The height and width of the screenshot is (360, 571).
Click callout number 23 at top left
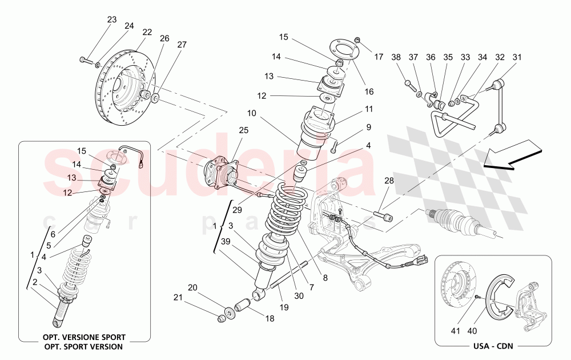point(111,19)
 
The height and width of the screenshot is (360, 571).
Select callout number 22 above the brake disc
point(147,33)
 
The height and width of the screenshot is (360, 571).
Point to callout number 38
point(396,57)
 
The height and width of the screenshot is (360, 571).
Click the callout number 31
point(517,57)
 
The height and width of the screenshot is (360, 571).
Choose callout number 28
point(389,181)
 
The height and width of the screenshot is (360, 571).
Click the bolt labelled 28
point(383,216)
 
